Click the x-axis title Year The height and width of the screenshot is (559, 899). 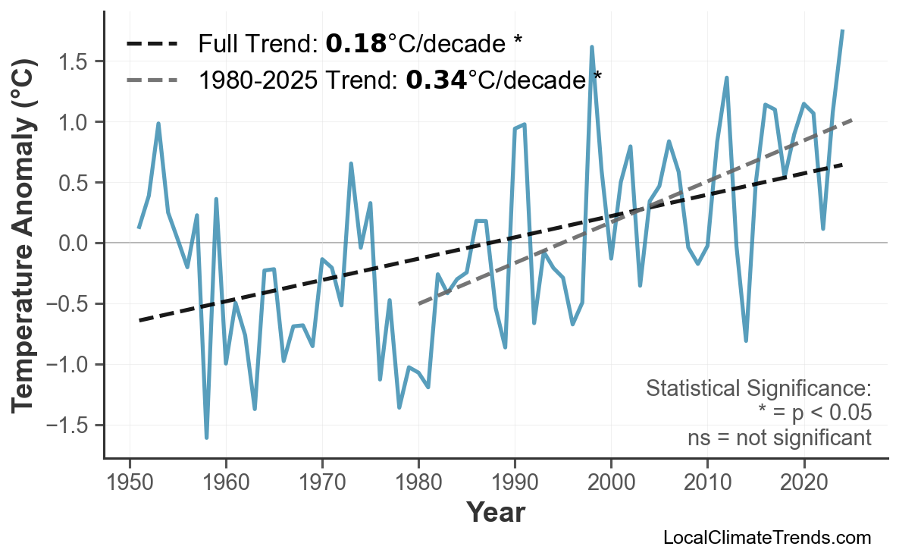[x=495, y=513]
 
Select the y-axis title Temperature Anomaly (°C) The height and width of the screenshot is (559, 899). [x=24, y=243]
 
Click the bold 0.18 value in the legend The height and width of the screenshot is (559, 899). [x=356, y=44]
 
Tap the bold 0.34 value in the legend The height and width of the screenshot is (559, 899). [x=436, y=79]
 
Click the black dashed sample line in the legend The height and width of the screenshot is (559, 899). [x=152, y=44]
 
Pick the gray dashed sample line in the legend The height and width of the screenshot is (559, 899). [x=152, y=79]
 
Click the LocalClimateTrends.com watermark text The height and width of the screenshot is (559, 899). [x=766, y=538]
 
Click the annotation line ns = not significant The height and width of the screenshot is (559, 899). [x=778, y=438]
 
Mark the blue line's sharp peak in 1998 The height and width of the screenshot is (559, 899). [x=591, y=47]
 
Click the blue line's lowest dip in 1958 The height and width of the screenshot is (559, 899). [x=206, y=438]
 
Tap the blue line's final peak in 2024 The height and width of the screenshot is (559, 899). [x=842, y=30]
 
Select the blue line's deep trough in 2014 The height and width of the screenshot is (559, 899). [x=746, y=341]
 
